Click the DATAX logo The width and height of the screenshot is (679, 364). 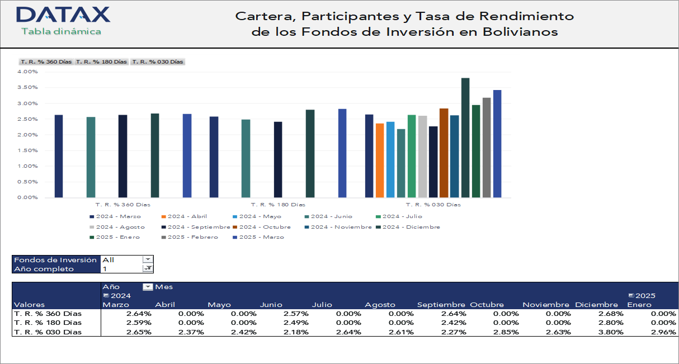63,15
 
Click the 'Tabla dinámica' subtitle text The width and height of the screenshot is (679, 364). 61,31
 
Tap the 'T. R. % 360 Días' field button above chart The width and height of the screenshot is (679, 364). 46,62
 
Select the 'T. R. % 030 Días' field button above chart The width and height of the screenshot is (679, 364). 158,62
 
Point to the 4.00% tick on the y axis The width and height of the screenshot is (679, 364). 27,72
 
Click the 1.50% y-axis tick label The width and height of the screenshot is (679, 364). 27,150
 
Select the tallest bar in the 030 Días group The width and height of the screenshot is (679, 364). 465,138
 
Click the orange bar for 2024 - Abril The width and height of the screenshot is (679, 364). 380,160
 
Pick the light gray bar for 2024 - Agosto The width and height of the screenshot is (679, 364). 422,157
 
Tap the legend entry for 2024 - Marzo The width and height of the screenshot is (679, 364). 115,216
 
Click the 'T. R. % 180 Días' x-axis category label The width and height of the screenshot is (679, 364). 278,205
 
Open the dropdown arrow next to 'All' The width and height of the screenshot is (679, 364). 147,259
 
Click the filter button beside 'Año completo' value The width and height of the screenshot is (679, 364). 147,268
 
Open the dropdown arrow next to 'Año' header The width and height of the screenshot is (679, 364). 148,287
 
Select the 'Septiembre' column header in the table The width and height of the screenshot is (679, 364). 441,305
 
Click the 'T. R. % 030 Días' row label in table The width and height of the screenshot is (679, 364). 48,332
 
